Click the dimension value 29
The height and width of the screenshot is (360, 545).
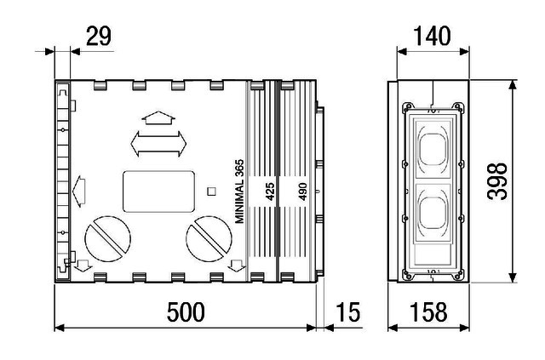tap(99, 36)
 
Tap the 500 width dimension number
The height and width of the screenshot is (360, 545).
tap(186, 312)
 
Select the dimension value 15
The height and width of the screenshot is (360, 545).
tap(348, 312)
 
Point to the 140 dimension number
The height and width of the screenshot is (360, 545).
tap(432, 36)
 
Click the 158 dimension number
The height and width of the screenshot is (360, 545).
tap(428, 312)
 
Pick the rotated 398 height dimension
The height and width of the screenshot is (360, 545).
tap(497, 180)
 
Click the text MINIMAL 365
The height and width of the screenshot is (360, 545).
tap(239, 191)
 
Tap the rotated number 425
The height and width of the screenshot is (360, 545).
tap(270, 191)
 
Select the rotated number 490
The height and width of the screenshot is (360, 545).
tap(303, 191)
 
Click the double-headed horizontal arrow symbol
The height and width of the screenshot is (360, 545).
tap(158, 144)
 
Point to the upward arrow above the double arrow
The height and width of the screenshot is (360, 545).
tap(158, 117)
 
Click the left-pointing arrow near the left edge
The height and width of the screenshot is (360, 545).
tap(79, 191)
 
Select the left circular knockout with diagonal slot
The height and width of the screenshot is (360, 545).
tap(108, 239)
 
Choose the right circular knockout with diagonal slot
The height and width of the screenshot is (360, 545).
tap(209, 239)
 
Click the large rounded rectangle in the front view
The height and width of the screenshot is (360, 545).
tap(159, 191)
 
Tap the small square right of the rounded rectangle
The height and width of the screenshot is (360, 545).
tap(211, 191)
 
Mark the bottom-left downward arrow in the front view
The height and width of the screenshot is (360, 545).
tap(83, 266)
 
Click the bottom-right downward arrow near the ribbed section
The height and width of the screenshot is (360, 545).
tap(238, 266)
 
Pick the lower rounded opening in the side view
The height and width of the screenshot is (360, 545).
tap(433, 211)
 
